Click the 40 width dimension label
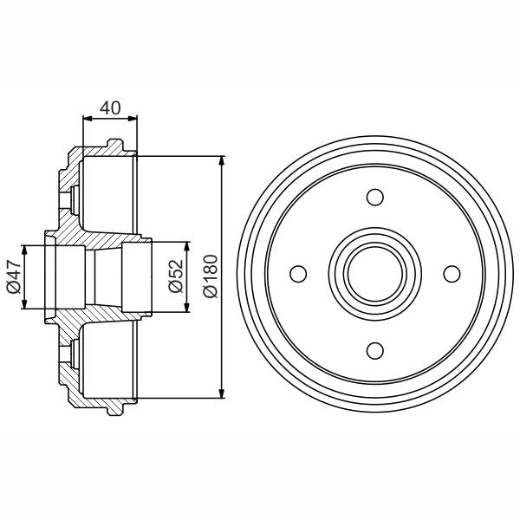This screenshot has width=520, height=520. pyautogui.click(x=109, y=108)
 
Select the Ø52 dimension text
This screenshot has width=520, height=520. pyautogui.click(x=176, y=276)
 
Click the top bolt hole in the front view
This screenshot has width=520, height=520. pyautogui.click(x=374, y=198)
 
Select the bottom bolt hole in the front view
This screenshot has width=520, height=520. pyautogui.click(x=374, y=350)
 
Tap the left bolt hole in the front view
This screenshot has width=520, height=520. pyautogui.click(x=298, y=274)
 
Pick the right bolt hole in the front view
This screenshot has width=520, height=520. pyautogui.click(x=451, y=274)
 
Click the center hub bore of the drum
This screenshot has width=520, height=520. pyautogui.click(x=374, y=274)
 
